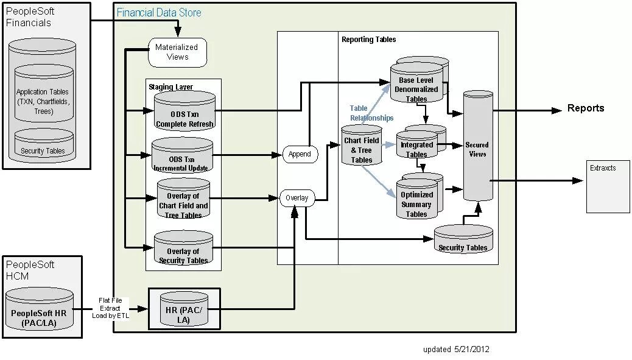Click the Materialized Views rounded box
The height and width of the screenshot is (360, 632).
(x=177, y=52)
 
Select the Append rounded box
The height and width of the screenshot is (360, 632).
(x=300, y=154)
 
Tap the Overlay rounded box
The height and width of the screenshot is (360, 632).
(x=297, y=198)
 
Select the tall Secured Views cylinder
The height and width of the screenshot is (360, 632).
(x=477, y=146)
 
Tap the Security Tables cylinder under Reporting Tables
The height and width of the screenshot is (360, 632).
(x=463, y=240)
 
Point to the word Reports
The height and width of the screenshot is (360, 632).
(x=586, y=108)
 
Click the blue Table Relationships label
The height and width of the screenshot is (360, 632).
(x=371, y=113)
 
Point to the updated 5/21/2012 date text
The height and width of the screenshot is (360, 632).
(x=456, y=350)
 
